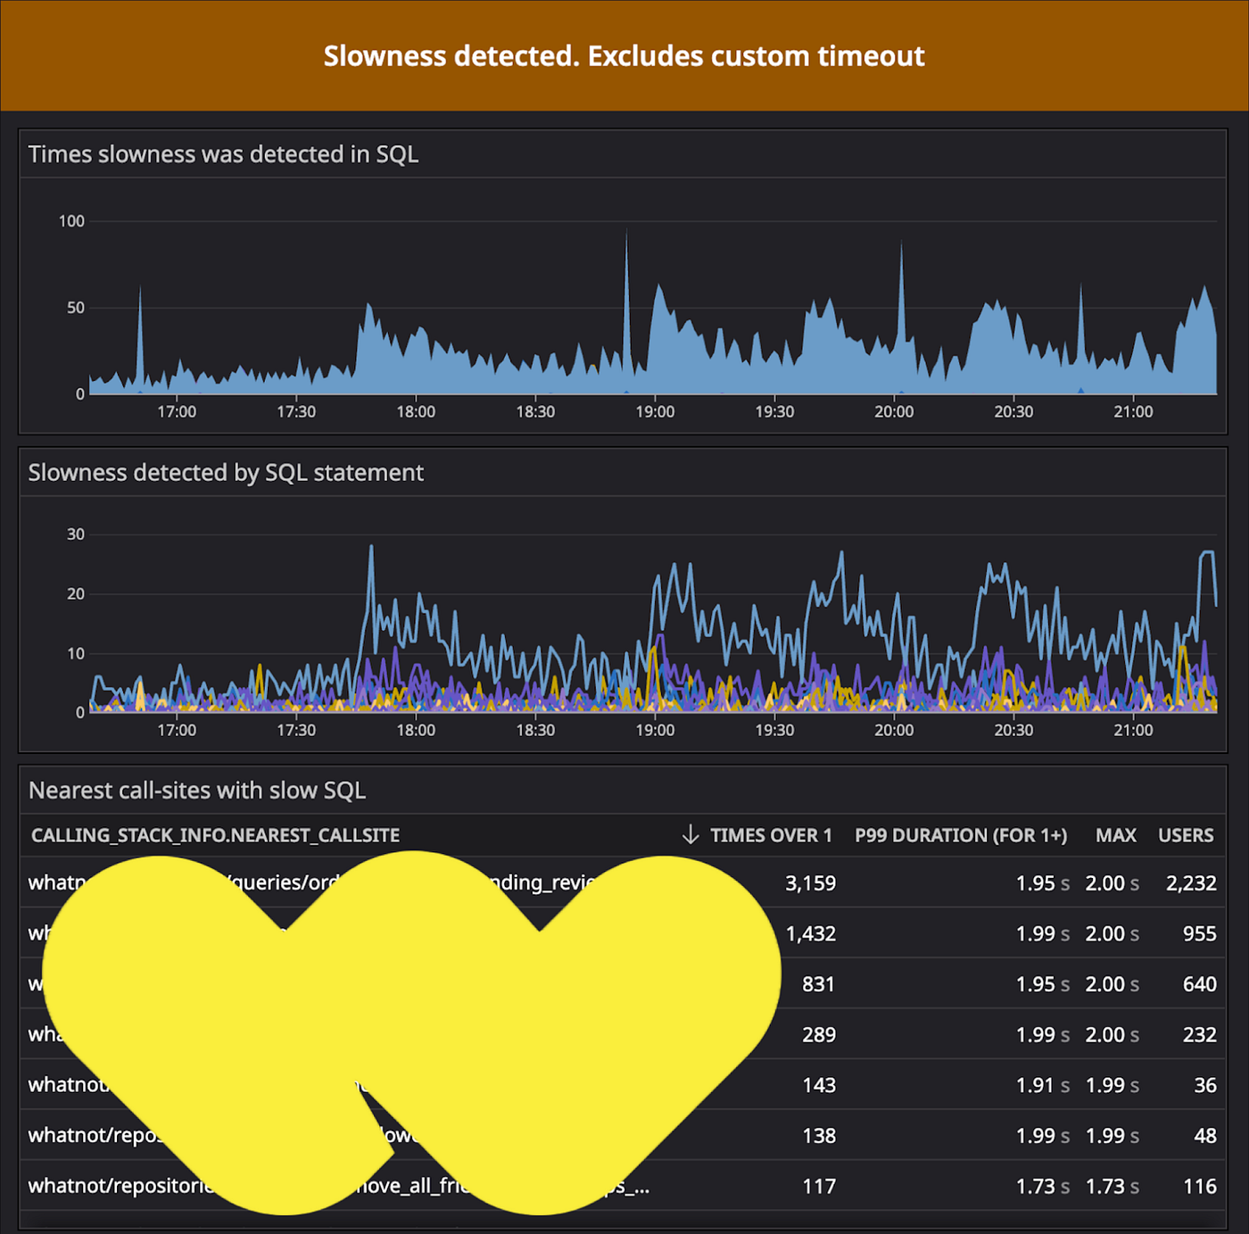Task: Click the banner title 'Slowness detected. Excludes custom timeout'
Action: click(x=624, y=56)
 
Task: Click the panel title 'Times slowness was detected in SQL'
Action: click(x=223, y=154)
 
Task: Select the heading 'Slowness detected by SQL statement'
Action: click(x=226, y=473)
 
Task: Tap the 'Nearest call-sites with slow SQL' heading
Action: click(x=197, y=791)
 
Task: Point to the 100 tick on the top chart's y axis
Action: click(x=71, y=221)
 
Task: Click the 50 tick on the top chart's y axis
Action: click(x=76, y=308)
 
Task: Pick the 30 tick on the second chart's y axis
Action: click(x=76, y=534)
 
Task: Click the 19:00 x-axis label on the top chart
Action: click(x=655, y=412)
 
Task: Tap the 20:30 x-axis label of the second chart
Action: click(x=1013, y=730)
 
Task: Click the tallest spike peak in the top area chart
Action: click(x=626, y=231)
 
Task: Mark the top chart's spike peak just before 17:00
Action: click(x=140, y=288)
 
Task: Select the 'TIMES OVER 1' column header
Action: click(x=771, y=836)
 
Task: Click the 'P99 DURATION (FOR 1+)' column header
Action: click(x=961, y=836)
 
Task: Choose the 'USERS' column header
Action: click(x=1186, y=836)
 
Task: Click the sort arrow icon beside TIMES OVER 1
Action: click(x=690, y=835)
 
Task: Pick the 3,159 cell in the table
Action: click(x=810, y=883)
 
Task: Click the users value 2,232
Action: click(x=1191, y=883)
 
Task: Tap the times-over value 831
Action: click(x=818, y=984)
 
